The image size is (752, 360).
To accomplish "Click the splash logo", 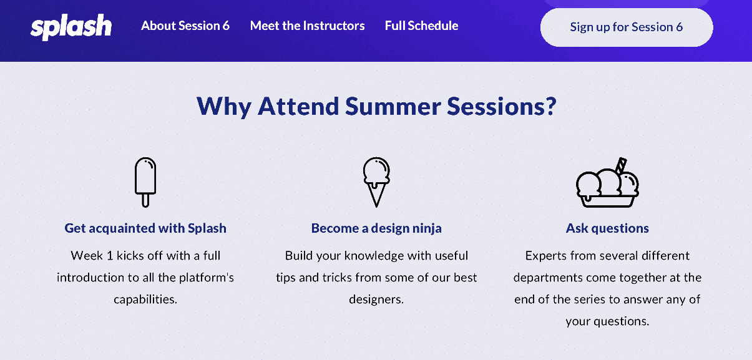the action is coord(71,27).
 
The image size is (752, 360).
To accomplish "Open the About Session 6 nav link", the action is coord(185,26).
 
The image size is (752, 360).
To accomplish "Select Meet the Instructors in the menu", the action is coord(307,26).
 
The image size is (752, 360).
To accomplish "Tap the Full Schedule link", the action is coord(421,26).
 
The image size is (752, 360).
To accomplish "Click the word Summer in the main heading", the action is coord(393,106).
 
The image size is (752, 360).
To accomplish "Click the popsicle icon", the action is coord(145,182).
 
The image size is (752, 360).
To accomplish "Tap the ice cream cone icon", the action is coord(376,182).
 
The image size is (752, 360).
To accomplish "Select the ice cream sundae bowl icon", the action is coord(607,183).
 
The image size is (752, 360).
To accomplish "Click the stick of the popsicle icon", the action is coord(145,200).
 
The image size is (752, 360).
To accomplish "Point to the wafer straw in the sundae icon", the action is coord(621,165).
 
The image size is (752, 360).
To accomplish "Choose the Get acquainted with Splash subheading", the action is coord(145,228).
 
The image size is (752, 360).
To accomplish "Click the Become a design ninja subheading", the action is coord(376,228).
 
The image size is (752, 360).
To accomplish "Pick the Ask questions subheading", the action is coord(607,228).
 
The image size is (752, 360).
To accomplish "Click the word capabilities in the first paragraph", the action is coord(145,299).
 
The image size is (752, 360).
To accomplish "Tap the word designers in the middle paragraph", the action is coord(376,299).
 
